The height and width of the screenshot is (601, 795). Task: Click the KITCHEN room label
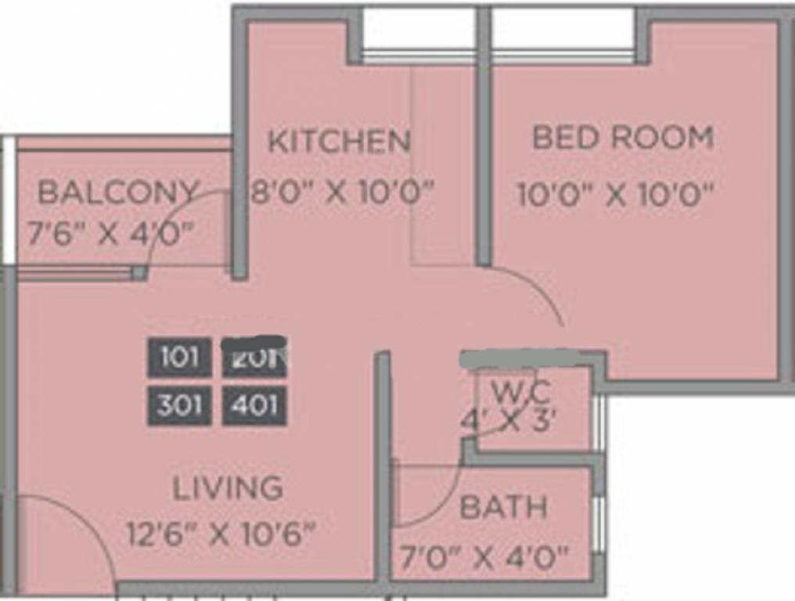(x=339, y=142)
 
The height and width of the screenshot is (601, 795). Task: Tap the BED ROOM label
(x=623, y=138)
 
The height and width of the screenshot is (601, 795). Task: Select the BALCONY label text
(x=118, y=192)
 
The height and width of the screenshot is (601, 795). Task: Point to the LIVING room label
(x=228, y=488)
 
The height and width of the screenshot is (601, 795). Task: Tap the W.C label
(x=521, y=389)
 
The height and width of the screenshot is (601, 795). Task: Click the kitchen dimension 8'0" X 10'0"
(x=342, y=191)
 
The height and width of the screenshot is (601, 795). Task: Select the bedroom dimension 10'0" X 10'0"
(x=617, y=195)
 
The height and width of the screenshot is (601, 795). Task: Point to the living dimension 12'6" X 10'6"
(x=221, y=535)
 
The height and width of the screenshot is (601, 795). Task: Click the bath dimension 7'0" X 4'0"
(x=484, y=559)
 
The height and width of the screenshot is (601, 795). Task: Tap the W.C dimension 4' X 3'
(x=509, y=421)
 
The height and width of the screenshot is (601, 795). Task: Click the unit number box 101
(x=179, y=358)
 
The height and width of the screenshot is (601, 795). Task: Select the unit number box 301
(x=179, y=405)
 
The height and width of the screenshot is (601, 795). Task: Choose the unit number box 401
(x=254, y=405)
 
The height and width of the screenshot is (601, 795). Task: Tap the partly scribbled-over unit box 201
(x=254, y=358)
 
